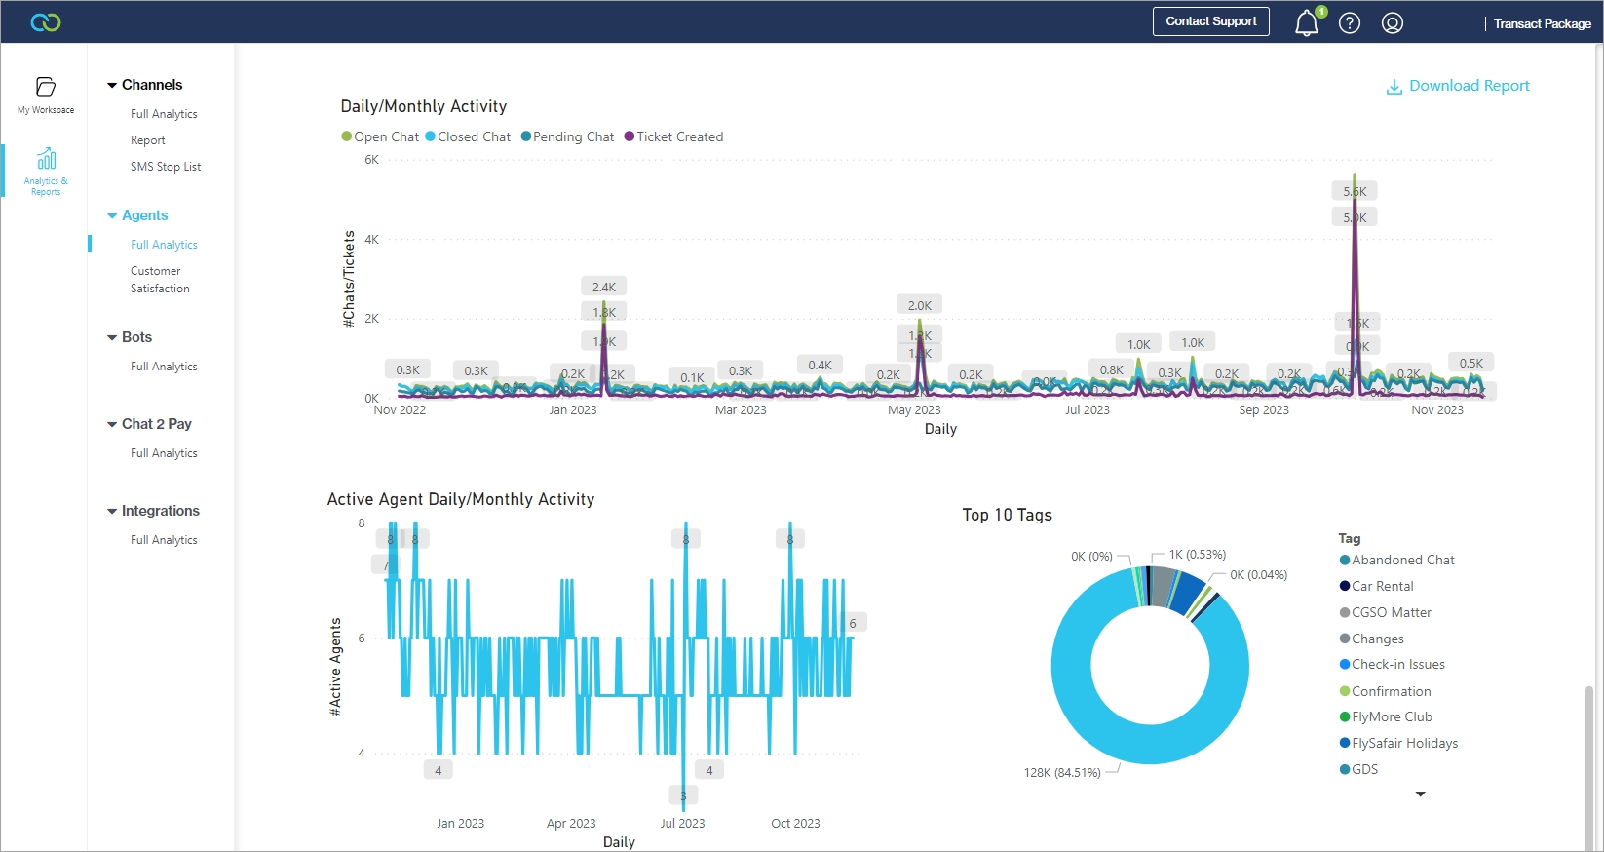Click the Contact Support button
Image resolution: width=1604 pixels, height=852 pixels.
pos(1210,21)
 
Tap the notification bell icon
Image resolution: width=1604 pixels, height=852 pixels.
pos(1306,23)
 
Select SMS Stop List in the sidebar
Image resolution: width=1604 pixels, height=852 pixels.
pos(166,167)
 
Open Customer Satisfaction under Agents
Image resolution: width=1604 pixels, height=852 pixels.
pos(160,280)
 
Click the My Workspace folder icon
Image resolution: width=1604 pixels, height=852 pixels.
pos(46,87)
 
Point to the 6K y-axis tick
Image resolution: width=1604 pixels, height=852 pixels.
pos(371,160)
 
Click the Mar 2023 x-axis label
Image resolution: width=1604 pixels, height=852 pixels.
pos(741,410)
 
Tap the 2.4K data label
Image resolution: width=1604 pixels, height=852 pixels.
pos(604,288)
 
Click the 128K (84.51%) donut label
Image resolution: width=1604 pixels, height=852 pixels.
pos(1061,773)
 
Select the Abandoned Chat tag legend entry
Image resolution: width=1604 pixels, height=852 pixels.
pos(1402,560)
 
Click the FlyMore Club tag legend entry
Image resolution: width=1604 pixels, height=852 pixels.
pos(1392,716)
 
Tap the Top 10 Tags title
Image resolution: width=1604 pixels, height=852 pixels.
pos(1007,515)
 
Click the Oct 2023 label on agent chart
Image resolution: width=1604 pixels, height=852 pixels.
pos(795,824)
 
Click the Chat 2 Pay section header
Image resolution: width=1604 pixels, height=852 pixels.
pos(156,424)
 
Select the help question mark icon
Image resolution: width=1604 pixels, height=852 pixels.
pos(1350,23)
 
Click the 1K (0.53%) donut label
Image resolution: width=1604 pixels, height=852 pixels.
pos(1198,555)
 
